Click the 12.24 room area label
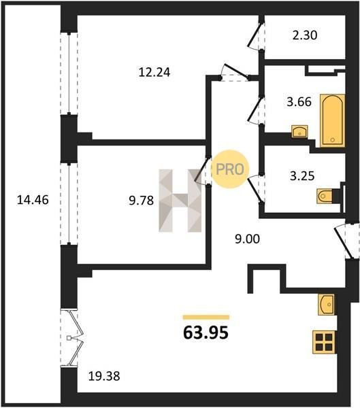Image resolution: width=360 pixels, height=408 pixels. pyautogui.click(x=154, y=72)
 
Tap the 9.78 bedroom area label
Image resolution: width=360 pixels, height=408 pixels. pyautogui.click(x=141, y=201)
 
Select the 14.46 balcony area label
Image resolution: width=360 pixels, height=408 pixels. pyautogui.click(x=33, y=200)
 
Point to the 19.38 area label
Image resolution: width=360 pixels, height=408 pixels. pyautogui.click(x=104, y=376)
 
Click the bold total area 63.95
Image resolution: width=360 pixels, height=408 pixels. pyautogui.click(x=206, y=333)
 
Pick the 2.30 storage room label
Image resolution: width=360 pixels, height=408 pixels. pyautogui.click(x=305, y=35)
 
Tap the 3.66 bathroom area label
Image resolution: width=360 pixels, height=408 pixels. pyautogui.click(x=299, y=101)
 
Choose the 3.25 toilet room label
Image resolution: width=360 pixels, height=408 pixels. pyautogui.click(x=302, y=176)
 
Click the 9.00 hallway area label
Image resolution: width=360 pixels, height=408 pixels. pyautogui.click(x=248, y=239)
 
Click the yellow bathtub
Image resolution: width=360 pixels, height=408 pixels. pyautogui.click(x=332, y=121)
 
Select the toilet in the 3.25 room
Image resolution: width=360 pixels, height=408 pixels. pyautogui.click(x=325, y=196)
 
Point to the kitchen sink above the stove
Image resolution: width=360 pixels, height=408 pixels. pyautogui.click(x=325, y=305)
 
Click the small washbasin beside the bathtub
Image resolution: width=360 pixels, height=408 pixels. pyautogui.click(x=299, y=131)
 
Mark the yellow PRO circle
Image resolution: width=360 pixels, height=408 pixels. pyautogui.click(x=230, y=169)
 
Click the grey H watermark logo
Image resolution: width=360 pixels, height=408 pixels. pyautogui.click(x=180, y=201)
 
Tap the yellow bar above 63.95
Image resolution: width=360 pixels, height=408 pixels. pyautogui.click(x=206, y=317)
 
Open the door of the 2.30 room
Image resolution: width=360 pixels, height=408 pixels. pyautogui.click(x=256, y=36)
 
